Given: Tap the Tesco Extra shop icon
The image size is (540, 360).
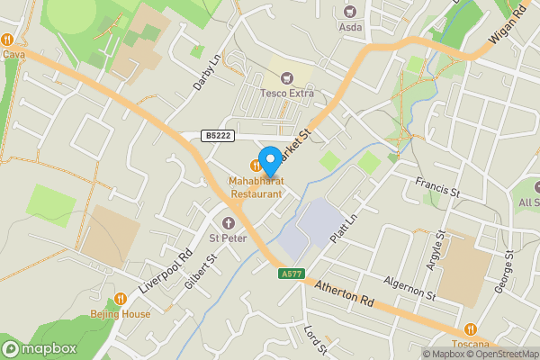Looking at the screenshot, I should pyautogui.click(x=288, y=78).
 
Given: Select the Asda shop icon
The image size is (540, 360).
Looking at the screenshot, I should pyautogui.click(x=350, y=13).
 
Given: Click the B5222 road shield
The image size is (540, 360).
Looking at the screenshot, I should pyautogui.click(x=216, y=136).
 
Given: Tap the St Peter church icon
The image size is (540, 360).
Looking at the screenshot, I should pyautogui.click(x=228, y=222).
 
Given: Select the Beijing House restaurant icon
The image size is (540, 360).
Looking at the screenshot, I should pyautogui.click(x=121, y=299).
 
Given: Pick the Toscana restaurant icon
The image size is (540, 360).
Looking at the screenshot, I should pyautogui.click(x=471, y=329).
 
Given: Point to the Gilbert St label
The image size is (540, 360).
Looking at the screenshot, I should pyautogui.click(x=202, y=271).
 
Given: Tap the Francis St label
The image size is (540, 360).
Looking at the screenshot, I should pyautogui.click(x=437, y=187).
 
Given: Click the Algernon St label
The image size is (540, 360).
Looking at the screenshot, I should pyautogui.click(x=410, y=288).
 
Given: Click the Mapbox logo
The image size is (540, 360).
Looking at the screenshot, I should pyautogui.click(x=40, y=349).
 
